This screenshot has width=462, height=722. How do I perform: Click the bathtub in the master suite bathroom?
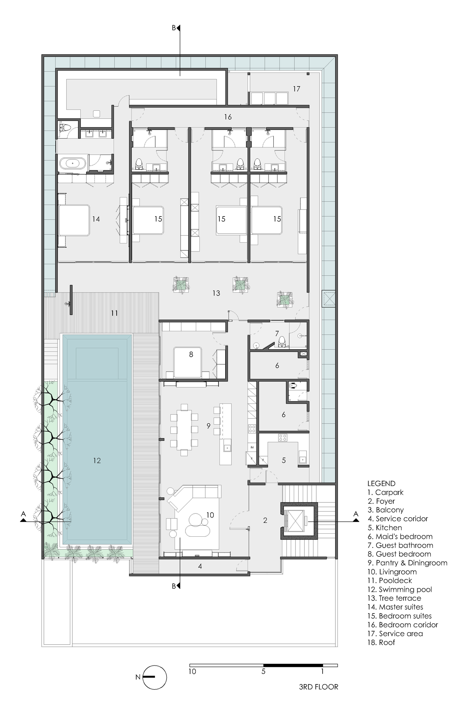(73, 164)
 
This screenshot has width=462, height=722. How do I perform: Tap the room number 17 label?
(296, 89)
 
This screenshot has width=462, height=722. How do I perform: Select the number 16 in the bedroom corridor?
(228, 117)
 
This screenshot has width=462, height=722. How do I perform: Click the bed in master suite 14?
(74, 220)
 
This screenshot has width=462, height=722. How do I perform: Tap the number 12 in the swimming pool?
(97, 461)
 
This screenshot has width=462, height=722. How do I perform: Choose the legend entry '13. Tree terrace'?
(394, 598)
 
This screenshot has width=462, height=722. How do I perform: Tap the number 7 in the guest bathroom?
(277, 333)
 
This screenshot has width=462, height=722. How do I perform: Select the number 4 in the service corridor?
(200, 566)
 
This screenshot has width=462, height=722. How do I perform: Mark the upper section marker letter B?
(174, 28)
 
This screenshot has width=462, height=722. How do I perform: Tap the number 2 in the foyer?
(265, 520)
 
